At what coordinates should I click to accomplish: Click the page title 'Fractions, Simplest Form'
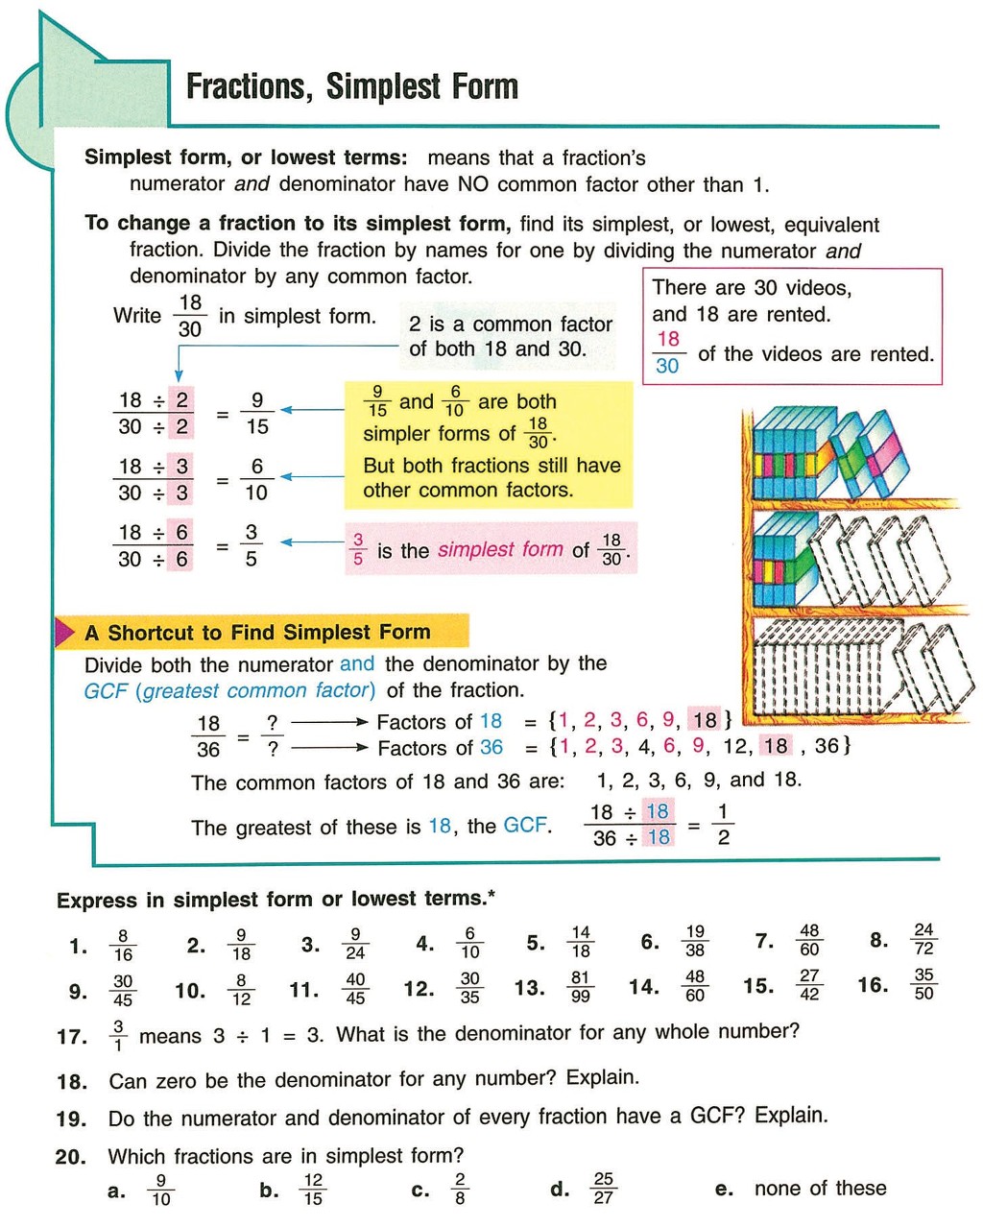point(351,86)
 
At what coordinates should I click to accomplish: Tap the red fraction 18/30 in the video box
point(668,352)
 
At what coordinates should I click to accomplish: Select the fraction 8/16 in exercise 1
point(123,946)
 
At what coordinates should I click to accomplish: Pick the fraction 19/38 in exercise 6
point(695,941)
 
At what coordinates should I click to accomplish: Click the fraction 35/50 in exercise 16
point(923,984)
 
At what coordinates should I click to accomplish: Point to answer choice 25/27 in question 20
point(603,1188)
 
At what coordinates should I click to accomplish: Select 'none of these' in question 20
point(820,1189)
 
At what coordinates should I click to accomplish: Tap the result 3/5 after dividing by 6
point(252,545)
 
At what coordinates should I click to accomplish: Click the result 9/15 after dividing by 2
point(257,414)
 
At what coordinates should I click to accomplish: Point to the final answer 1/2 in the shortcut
point(723,825)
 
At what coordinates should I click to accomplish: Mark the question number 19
point(71,1119)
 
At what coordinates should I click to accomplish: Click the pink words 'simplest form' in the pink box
point(500,550)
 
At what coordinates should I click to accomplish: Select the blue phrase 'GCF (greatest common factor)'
point(229,690)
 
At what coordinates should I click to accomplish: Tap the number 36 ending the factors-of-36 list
point(827,745)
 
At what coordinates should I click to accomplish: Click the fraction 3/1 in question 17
point(118,1036)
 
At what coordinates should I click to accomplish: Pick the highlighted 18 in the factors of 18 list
point(705,720)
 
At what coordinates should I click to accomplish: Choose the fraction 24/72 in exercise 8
point(923,939)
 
